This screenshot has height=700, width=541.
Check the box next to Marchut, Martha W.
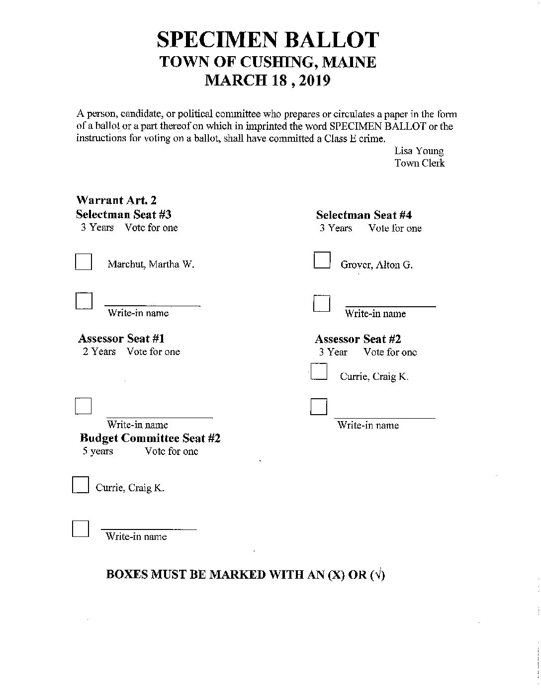click(84, 262)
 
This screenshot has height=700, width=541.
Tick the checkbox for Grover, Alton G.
click(322, 261)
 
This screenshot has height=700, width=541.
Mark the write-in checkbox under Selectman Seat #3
click(84, 301)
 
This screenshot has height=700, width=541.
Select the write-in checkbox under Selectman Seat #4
click(322, 303)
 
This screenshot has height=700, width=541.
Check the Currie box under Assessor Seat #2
click(319, 372)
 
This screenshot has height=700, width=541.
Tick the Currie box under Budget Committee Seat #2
click(81, 485)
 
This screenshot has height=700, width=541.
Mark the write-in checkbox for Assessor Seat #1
click(84, 406)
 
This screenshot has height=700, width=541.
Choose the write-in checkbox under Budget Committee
click(81, 529)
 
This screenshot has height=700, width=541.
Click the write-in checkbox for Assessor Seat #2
click(319, 407)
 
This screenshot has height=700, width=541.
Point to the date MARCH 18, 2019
click(268, 80)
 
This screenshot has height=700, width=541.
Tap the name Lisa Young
click(419, 151)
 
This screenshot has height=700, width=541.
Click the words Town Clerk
click(420, 163)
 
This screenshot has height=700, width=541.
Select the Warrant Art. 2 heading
click(116, 200)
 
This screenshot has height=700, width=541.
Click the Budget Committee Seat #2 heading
click(150, 438)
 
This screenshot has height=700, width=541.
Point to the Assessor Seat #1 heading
click(121, 339)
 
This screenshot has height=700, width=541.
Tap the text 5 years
click(98, 451)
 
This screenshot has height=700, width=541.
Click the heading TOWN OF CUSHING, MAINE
click(268, 62)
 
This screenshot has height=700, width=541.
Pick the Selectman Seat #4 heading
click(364, 215)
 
